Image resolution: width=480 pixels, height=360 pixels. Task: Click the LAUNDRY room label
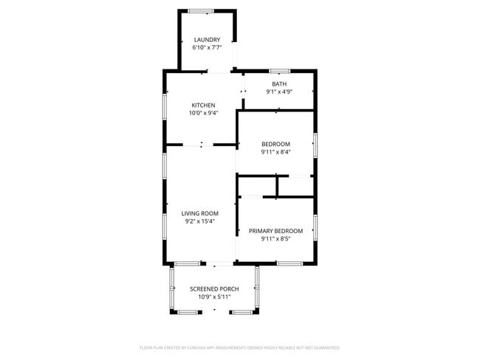point(207,39)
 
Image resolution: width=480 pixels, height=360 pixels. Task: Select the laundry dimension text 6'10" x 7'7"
point(207,47)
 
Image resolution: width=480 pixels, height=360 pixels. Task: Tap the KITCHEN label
point(203,105)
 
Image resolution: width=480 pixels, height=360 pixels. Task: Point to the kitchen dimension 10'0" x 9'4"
point(203,113)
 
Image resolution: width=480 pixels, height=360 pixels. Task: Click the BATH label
point(279,84)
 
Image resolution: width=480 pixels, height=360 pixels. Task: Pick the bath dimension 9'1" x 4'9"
point(279,92)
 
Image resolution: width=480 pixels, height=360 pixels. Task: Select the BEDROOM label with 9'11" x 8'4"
point(275,144)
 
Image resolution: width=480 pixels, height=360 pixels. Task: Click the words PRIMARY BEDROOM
point(275,231)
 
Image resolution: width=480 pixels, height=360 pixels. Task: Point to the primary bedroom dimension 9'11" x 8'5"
point(275,239)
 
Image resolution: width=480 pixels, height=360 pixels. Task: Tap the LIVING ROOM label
point(200,213)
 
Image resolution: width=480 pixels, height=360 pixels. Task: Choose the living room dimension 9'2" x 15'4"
point(200,221)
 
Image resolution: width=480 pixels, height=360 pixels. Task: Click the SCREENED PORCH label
point(214,288)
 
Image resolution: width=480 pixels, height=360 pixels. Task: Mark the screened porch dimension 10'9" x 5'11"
point(214,297)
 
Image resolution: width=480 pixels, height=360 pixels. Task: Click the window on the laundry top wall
point(201,10)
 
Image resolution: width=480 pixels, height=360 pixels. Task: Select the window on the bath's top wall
point(279,71)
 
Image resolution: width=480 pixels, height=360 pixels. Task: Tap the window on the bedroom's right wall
point(315,144)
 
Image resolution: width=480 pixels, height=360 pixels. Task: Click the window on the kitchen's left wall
point(165,105)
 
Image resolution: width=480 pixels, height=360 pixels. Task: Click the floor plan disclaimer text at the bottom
point(239,347)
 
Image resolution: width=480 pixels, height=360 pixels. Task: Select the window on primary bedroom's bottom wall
point(289,263)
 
